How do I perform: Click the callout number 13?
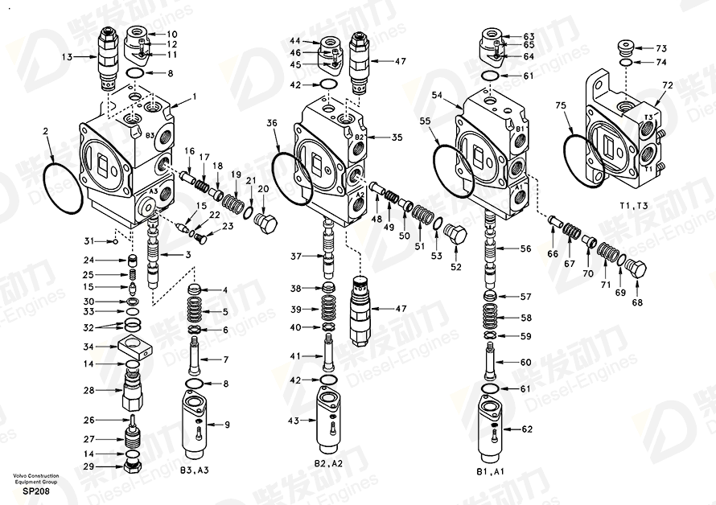point(67,56)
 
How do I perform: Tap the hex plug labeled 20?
point(268,223)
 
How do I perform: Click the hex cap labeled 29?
point(134,466)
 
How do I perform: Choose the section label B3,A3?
point(194,470)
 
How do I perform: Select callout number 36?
point(272,123)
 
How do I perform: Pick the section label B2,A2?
point(328,463)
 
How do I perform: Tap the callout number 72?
point(668,85)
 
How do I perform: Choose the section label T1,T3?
point(633,206)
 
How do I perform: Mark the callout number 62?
point(527,429)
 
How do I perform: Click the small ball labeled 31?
point(116,241)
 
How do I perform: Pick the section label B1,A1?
point(490,471)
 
